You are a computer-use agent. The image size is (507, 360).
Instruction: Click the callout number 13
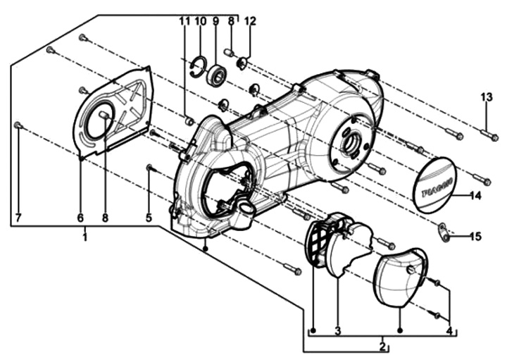coord(487,97)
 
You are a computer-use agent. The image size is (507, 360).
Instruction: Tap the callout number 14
coord(475,196)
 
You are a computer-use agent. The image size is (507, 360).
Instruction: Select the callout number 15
coord(475,237)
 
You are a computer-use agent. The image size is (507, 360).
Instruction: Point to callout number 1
coord(84,237)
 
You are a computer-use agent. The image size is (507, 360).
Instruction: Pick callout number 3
coord(337,330)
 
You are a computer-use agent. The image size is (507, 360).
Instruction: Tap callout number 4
coord(449,330)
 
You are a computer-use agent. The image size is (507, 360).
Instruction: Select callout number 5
coord(149,218)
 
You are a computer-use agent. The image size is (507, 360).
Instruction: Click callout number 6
coord(80,218)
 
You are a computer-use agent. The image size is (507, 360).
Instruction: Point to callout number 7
coord(18,218)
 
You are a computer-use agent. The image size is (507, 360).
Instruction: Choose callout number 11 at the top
coord(184,21)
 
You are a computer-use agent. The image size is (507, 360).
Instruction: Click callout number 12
coord(250,21)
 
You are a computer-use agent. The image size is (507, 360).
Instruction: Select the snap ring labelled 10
coord(197,67)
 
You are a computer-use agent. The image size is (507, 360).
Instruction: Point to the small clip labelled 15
coord(444,232)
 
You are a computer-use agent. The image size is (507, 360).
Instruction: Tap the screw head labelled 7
coord(18,125)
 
